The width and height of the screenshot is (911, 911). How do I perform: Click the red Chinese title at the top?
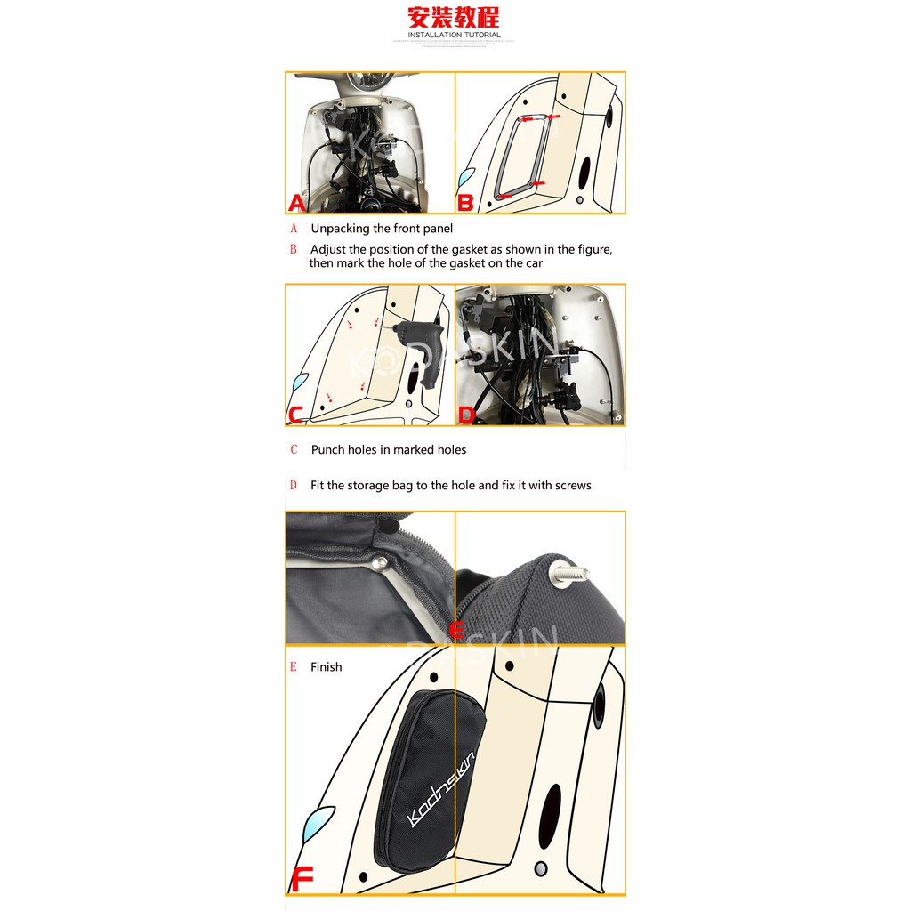point(454,18)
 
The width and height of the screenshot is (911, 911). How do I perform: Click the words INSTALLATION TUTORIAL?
point(454,36)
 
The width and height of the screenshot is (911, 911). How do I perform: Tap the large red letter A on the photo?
point(297,204)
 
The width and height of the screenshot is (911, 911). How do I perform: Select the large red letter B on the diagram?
point(465,204)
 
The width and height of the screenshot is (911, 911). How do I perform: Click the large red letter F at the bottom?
point(302,880)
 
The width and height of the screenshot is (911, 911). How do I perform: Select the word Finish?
point(326,667)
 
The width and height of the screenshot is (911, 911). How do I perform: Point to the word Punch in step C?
point(327,450)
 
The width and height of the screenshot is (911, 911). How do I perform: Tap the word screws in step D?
point(573,486)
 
